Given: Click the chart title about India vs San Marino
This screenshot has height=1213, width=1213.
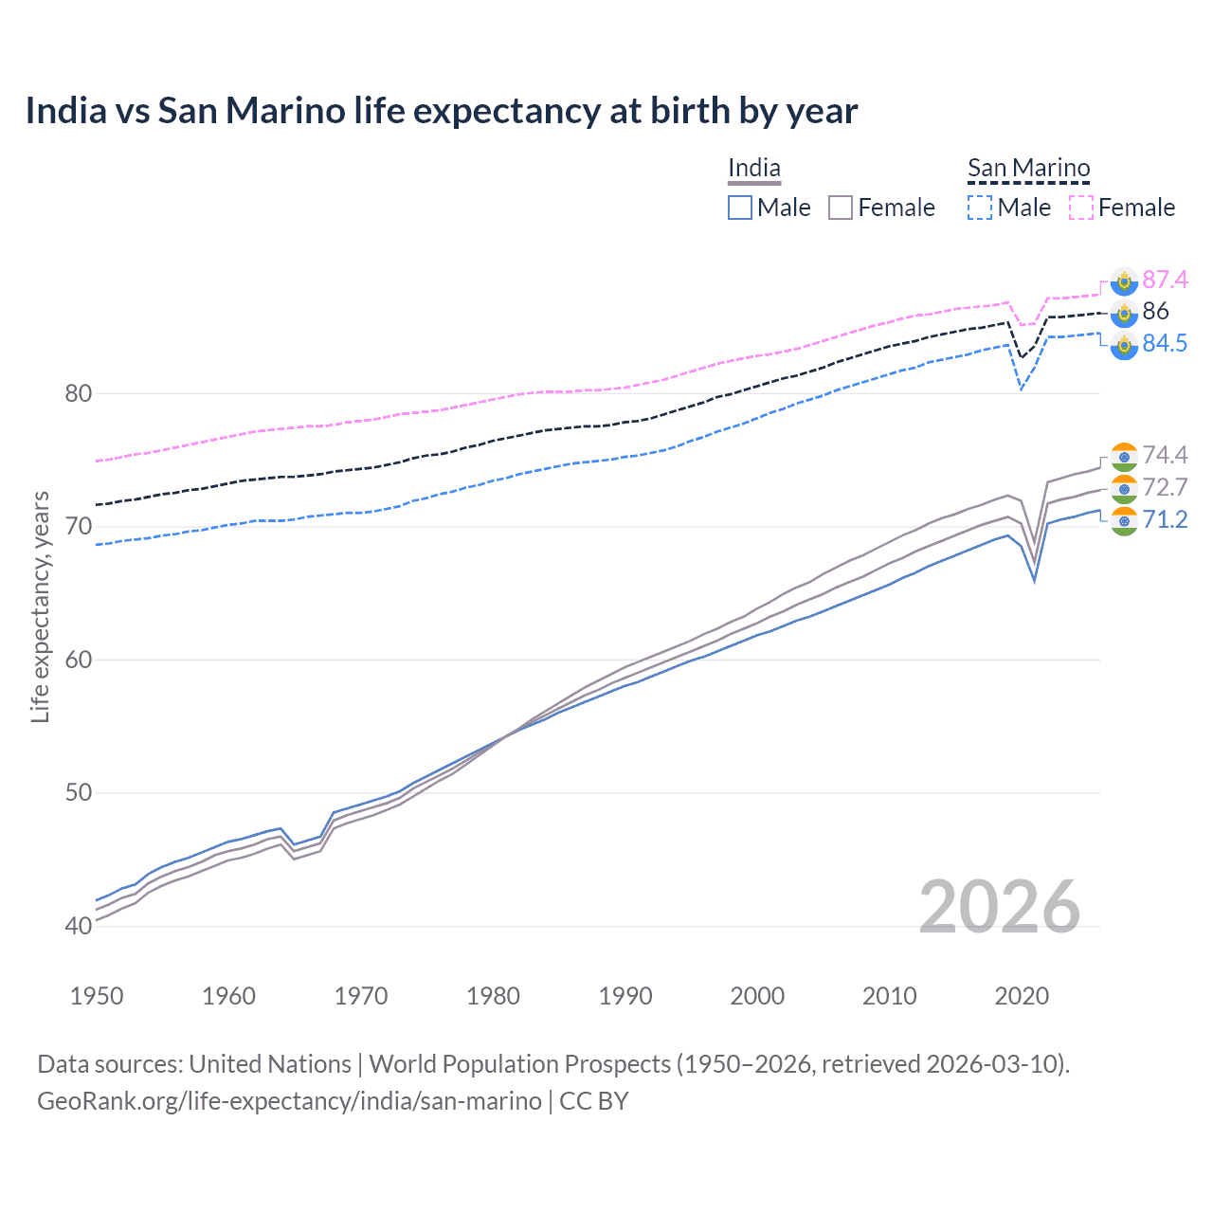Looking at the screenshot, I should pos(442,111).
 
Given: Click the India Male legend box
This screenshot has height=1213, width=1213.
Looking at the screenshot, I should pos(740,208).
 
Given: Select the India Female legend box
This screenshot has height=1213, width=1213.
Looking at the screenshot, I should pos(841,208).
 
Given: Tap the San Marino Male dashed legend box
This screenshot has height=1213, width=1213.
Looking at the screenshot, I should pos(980,208).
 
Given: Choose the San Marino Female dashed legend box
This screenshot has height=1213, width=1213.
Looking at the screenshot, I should pos(1081,208).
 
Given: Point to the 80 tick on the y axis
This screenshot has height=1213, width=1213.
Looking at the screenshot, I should pos(78,393).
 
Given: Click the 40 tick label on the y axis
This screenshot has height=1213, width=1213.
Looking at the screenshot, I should pos(78,926).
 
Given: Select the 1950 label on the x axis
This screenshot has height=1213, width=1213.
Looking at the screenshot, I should pos(97,996).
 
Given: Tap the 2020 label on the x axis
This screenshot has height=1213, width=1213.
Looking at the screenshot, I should pos(1022,996).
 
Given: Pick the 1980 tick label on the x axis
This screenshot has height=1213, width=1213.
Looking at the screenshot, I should pos(493,996).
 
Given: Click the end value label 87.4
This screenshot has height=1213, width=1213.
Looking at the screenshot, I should pos(1165,280).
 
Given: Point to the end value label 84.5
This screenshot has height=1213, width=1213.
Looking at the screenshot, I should pos(1165,343).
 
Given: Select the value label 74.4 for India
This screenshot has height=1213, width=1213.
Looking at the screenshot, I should pos(1165,455).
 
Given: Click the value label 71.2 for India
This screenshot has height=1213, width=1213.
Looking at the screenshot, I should pos(1165,519).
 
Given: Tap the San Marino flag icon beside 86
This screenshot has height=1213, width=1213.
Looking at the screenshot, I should pos(1124,313).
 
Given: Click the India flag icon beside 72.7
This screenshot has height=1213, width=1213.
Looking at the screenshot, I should pos(1124,489).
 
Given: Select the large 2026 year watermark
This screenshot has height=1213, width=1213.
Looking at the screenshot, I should pos(1000,907).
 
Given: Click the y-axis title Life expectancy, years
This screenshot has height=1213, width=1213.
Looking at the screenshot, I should pos(40,606).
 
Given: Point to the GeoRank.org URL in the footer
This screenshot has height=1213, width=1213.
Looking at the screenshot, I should pos(289,1101).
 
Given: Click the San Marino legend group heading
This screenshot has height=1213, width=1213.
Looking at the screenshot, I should pos(1028,169).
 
